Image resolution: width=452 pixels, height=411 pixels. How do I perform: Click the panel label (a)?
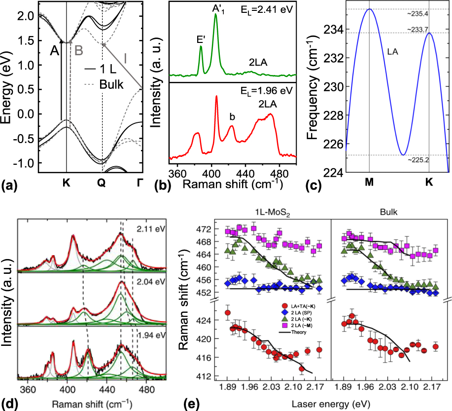pyautogui.click(x=10, y=186)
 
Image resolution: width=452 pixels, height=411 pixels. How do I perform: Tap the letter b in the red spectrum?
pyautogui.click(x=232, y=117)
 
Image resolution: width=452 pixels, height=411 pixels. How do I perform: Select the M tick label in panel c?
pyautogui.click(x=369, y=181)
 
